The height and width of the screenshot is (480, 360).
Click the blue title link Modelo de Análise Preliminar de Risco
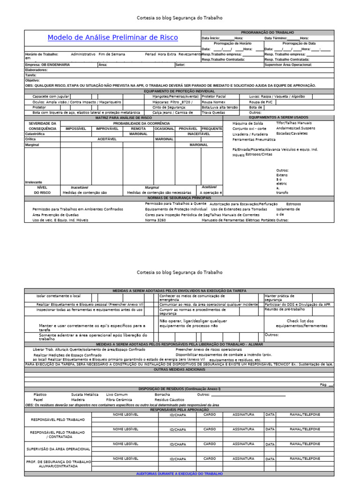[112, 37]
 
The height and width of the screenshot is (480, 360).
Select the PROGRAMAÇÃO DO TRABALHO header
[268, 32]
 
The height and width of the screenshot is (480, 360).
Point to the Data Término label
[276, 38]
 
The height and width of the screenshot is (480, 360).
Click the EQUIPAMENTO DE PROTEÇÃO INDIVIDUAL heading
[179, 91]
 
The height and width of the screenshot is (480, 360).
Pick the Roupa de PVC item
[261, 102]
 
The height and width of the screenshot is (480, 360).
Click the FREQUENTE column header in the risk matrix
[212, 128]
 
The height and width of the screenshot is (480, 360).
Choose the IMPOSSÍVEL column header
[76, 128]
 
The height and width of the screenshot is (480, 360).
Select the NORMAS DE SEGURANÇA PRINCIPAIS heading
[179, 198]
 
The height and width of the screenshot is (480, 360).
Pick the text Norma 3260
[155, 220]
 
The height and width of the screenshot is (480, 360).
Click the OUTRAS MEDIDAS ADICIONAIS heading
[179, 369]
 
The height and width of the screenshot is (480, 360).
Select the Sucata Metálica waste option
[85, 395]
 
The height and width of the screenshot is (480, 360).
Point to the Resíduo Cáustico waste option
[169, 400]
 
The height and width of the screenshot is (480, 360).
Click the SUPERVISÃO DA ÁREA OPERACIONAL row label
[58, 449]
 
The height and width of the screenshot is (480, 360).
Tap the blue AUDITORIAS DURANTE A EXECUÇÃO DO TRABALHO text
[179, 474]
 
